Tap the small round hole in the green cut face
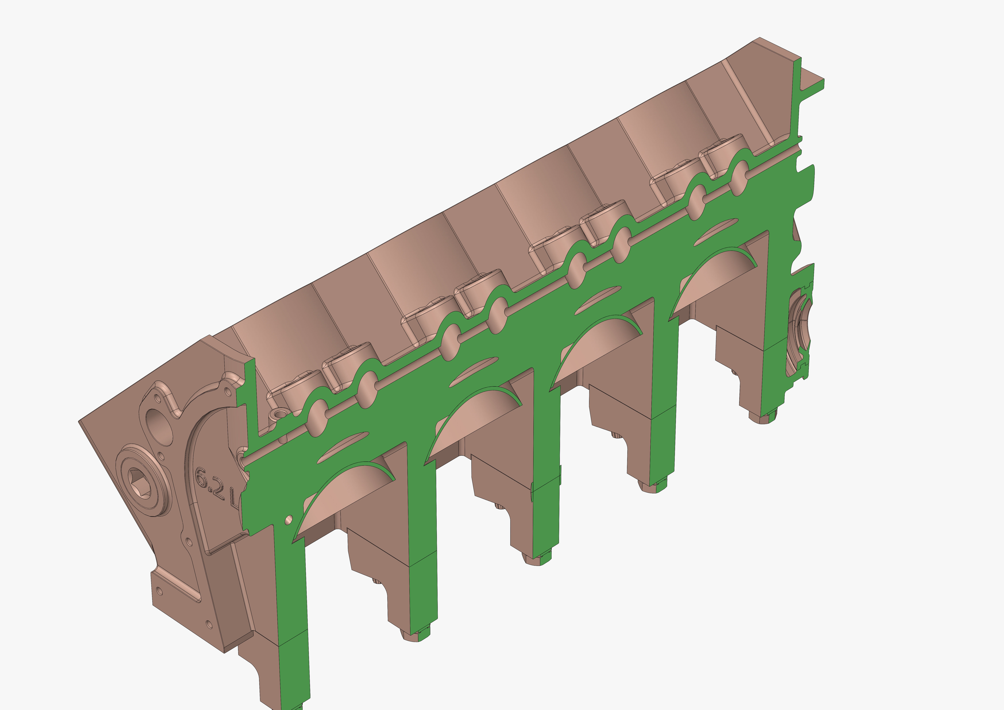(289, 519)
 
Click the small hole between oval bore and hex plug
(161, 457)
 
